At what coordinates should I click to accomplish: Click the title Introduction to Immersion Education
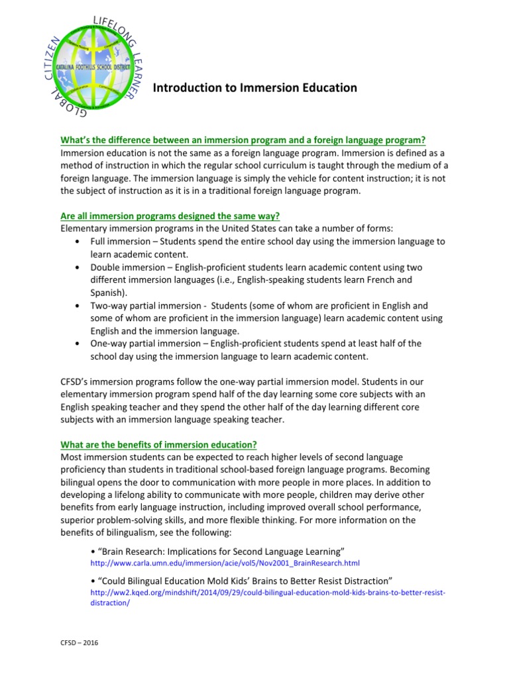click(x=255, y=87)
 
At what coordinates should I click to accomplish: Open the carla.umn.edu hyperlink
click(x=224, y=563)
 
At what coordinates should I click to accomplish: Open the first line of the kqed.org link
click(x=268, y=592)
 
